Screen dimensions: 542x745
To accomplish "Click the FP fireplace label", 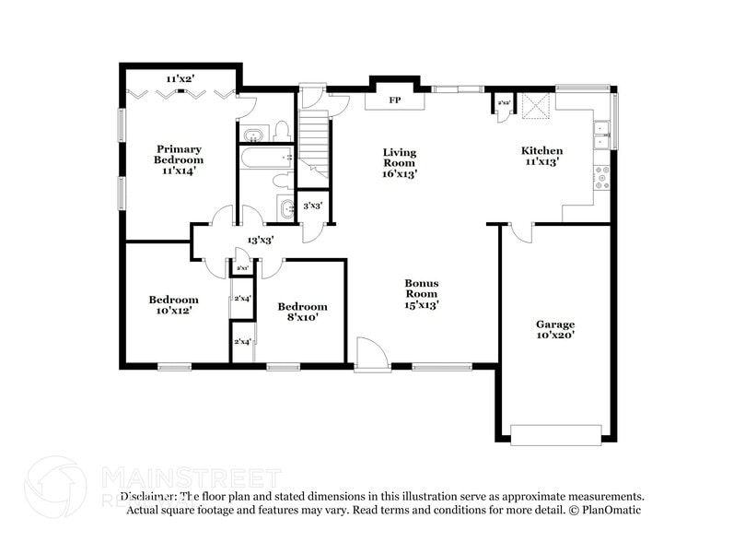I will pos(394,100).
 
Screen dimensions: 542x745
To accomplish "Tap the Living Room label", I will pos(400,162).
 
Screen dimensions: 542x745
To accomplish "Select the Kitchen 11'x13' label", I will pos(541,156).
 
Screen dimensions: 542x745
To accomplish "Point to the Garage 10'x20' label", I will pos(555,330).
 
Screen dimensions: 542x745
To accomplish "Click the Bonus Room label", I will pos(423,293).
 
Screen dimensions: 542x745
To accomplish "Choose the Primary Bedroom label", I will pos(179,159).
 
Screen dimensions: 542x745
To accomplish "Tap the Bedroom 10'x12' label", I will pos(173,305).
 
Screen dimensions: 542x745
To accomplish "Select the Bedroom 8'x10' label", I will pos(302,312).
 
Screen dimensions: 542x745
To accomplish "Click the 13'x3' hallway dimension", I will pos(260,240).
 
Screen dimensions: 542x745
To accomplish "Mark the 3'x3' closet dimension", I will pos(313,206).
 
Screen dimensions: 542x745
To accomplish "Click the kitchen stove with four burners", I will pos(603,177).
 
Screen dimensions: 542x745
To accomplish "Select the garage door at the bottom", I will pos(556,434).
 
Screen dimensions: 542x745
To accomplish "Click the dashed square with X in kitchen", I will pos(534,106).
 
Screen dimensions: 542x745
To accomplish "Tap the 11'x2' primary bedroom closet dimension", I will pos(180,78).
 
